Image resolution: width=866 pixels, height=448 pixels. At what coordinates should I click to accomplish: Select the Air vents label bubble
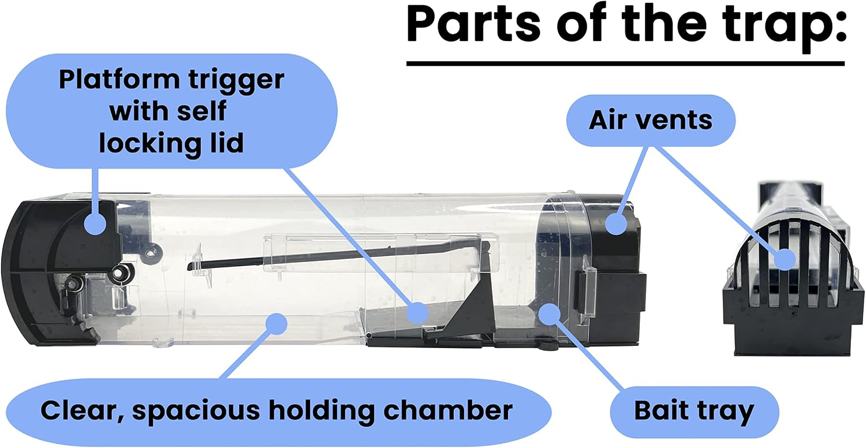[651, 120]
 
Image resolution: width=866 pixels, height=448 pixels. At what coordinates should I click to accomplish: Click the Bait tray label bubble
[695, 412]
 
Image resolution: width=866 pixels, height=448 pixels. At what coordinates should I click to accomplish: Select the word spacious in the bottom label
[197, 412]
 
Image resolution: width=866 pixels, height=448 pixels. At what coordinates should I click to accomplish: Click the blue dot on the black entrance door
[95, 223]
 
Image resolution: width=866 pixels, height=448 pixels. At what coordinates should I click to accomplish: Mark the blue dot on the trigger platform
[417, 313]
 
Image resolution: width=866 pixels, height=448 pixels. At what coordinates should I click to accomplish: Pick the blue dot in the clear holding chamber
[276, 323]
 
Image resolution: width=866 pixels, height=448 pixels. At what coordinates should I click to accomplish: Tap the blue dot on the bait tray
[550, 314]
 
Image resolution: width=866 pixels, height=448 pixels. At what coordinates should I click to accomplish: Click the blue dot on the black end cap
[616, 223]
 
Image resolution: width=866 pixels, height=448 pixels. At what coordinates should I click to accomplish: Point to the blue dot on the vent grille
[785, 259]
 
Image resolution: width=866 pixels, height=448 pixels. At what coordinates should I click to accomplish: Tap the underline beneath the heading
[625, 64]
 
